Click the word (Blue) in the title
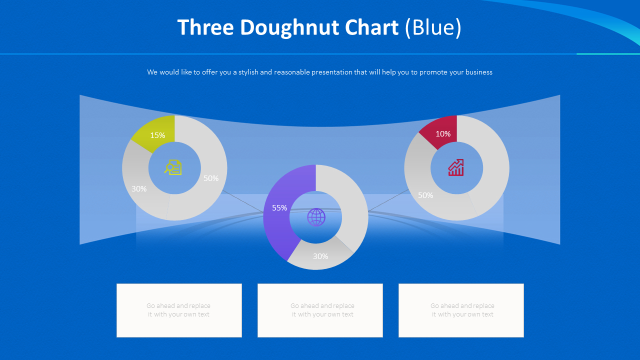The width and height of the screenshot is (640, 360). tap(433, 28)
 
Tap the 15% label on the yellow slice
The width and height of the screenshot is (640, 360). tap(157, 135)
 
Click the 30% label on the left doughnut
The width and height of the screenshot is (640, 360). tap(139, 188)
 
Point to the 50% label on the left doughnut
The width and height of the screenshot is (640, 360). tap(211, 178)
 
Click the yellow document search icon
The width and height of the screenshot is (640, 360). tap(173, 167)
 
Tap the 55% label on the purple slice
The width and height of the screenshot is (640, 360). tap(279, 207)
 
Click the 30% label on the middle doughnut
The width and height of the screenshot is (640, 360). tap(320, 256)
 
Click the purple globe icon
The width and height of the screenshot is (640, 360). tap(316, 217)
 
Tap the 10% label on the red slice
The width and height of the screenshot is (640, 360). tap(443, 133)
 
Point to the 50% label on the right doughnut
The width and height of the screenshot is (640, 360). tap(425, 195)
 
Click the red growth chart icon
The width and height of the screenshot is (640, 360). tap(456, 167)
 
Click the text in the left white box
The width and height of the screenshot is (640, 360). tap(178, 310)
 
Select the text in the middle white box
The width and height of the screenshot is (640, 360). tap(322, 310)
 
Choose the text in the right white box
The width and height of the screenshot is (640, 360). tap(462, 310)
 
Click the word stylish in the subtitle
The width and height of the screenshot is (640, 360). tap(248, 72)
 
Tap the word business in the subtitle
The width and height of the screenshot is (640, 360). tap(478, 72)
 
